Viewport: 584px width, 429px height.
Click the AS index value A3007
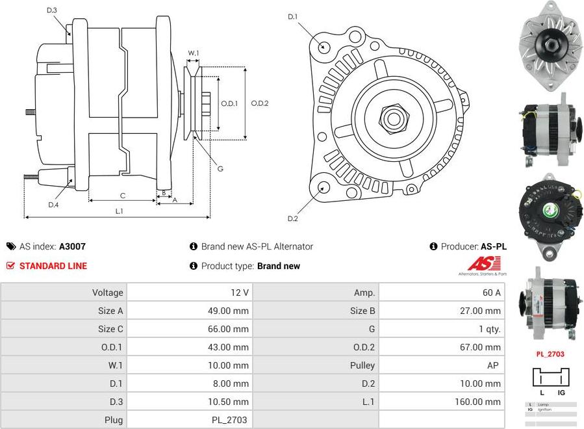pyautogui.click(x=72, y=246)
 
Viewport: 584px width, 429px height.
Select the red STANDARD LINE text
pyautogui.click(x=53, y=266)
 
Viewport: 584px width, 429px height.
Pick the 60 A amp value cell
pyautogui.click(x=491, y=292)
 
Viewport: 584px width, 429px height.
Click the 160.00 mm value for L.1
pyautogui.click(x=477, y=402)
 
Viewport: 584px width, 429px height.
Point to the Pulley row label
pyautogui.click(x=362, y=365)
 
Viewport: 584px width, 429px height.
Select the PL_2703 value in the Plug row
pyautogui.click(x=229, y=420)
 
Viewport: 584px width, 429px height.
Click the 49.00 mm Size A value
pyautogui.click(x=228, y=311)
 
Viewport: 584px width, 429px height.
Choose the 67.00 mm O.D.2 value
pyautogui.click(x=480, y=347)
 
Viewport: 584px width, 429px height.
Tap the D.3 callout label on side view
pyautogui.click(x=52, y=10)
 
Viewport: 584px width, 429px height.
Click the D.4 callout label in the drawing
pyautogui.click(x=53, y=205)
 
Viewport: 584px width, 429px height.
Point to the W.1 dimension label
pyautogui.click(x=194, y=53)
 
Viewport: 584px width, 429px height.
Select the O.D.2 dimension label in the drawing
pyautogui.click(x=259, y=103)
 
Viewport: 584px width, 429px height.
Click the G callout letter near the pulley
pyautogui.click(x=220, y=169)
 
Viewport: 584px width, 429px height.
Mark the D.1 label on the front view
pyautogui.click(x=292, y=16)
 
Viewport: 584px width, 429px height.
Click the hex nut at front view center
pyautogui.click(x=392, y=119)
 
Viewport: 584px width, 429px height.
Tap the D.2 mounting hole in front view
pyautogui.click(x=324, y=188)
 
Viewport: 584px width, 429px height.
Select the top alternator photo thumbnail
pyautogui.click(x=550, y=45)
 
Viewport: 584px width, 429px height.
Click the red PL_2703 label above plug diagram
pyautogui.click(x=550, y=354)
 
